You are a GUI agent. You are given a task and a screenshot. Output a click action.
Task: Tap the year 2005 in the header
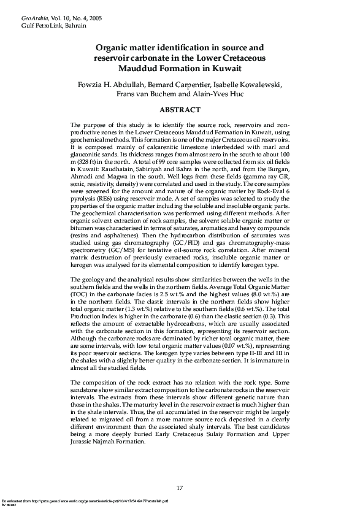tap(94, 19)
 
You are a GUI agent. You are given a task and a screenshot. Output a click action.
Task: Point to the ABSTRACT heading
tap(180, 110)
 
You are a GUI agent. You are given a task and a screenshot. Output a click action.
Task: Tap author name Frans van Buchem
tap(145, 94)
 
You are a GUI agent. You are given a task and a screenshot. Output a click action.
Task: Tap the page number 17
tap(180, 488)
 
